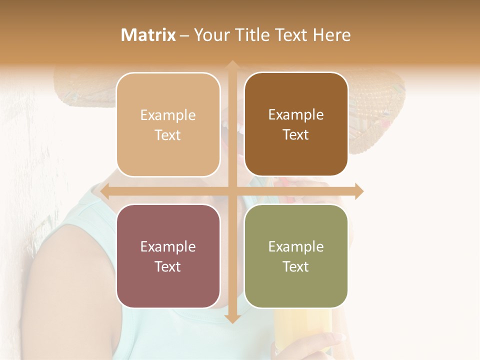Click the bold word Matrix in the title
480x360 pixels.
[x=148, y=35]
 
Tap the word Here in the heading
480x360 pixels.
[x=331, y=35]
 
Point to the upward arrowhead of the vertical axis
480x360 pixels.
[x=232, y=65]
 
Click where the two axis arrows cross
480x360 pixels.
[x=232, y=191]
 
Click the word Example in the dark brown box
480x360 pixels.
[x=296, y=114]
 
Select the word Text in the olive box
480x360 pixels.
[x=296, y=266]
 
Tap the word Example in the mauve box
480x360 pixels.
[x=168, y=246]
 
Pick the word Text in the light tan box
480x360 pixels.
[x=168, y=135]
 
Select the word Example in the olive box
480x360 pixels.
[x=296, y=246]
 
